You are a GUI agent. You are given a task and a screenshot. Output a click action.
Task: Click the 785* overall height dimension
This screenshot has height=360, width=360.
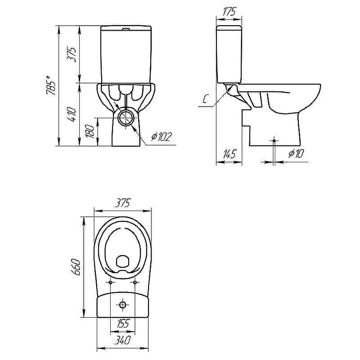point(51,85)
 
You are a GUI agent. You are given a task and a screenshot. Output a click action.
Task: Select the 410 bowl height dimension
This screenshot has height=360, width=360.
point(72,114)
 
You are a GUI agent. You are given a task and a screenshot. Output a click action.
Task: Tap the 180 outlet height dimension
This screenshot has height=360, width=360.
point(90,131)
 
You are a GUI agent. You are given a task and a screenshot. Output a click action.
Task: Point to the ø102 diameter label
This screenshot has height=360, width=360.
point(162,137)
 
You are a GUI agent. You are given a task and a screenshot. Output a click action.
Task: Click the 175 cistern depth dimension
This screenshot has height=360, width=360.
point(229,12)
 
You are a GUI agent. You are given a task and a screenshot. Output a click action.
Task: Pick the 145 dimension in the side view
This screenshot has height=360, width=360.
point(229,154)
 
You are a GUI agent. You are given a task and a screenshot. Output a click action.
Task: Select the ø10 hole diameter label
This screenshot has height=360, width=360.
point(296,153)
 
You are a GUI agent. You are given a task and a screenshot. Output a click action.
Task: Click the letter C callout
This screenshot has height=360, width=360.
point(206,99)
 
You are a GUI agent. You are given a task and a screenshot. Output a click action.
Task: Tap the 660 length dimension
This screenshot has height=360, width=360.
point(76,267)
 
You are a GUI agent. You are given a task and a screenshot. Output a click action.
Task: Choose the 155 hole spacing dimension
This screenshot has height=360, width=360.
point(123,324)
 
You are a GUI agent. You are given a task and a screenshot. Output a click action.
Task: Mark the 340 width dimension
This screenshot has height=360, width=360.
point(122,340)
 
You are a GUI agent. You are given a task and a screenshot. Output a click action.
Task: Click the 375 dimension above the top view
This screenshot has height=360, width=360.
point(122,203)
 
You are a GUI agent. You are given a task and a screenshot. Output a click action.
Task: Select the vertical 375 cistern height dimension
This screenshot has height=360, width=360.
point(72,54)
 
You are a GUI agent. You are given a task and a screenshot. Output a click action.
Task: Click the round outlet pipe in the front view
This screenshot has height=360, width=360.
point(126,117)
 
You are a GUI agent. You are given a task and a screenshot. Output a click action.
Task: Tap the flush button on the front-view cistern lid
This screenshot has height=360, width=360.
point(126,29)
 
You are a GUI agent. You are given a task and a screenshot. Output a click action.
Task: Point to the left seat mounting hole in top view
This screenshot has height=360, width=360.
point(110,282)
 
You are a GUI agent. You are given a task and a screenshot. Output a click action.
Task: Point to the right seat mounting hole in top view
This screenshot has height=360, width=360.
point(135,282)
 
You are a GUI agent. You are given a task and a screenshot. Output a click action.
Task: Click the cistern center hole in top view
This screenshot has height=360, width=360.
point(123,305)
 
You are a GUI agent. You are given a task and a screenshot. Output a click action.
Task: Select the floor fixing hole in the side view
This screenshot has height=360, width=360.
point(274,140)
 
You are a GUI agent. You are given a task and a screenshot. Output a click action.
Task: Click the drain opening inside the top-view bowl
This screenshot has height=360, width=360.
point(123,261)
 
